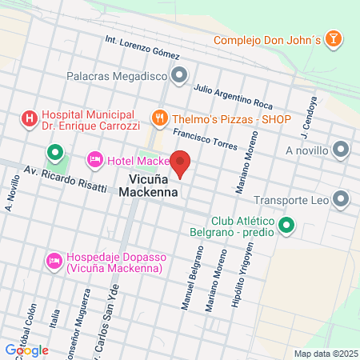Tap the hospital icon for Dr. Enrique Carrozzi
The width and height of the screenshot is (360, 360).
coord(30,119)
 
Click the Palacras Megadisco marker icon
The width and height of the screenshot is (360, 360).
coord(179,77)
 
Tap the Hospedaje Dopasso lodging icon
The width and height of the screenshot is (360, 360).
coord(54,261)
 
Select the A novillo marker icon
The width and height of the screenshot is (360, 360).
coord(342,150)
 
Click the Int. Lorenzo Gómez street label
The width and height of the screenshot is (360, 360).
coord(142,47)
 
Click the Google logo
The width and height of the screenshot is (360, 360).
coord(26,350)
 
